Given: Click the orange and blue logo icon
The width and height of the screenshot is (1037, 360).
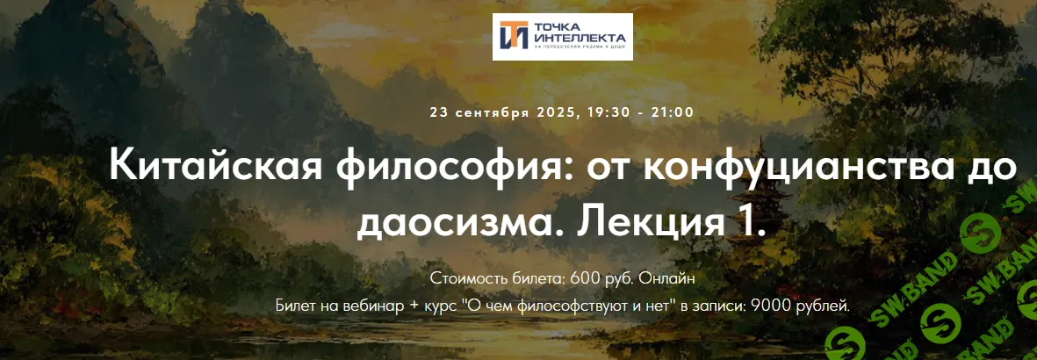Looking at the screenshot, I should tap(513, 36).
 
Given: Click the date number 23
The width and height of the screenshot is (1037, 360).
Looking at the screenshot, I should tap(439, 112).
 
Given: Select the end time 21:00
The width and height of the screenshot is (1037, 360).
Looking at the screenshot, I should tap(673, 112).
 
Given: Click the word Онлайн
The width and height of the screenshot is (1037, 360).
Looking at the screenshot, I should tap(668, 278).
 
